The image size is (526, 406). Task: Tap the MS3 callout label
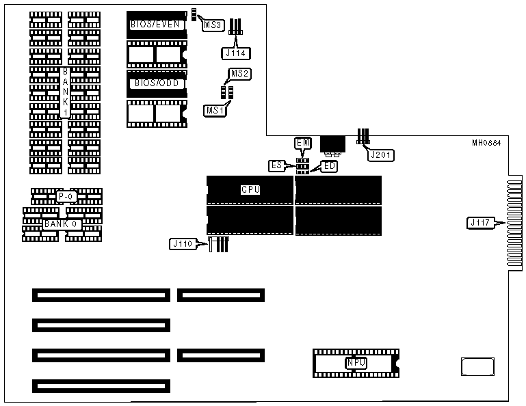point(213,25)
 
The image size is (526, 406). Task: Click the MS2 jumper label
point(239,73)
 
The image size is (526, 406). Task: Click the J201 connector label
point(378,155)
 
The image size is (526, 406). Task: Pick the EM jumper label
point(303,142)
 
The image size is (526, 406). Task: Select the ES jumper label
point(277,165)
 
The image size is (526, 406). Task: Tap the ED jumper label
point(329,166)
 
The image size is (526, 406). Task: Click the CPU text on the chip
point(250,189)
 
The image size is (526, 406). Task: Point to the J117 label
point(479,222)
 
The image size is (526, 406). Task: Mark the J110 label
point(181,243)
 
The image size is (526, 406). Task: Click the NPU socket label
point(356,363)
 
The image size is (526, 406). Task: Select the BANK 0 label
point(62,224)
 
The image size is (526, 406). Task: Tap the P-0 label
point(66,196)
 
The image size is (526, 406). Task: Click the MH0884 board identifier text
point(486,144)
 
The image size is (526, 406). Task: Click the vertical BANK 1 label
point(65,93)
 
